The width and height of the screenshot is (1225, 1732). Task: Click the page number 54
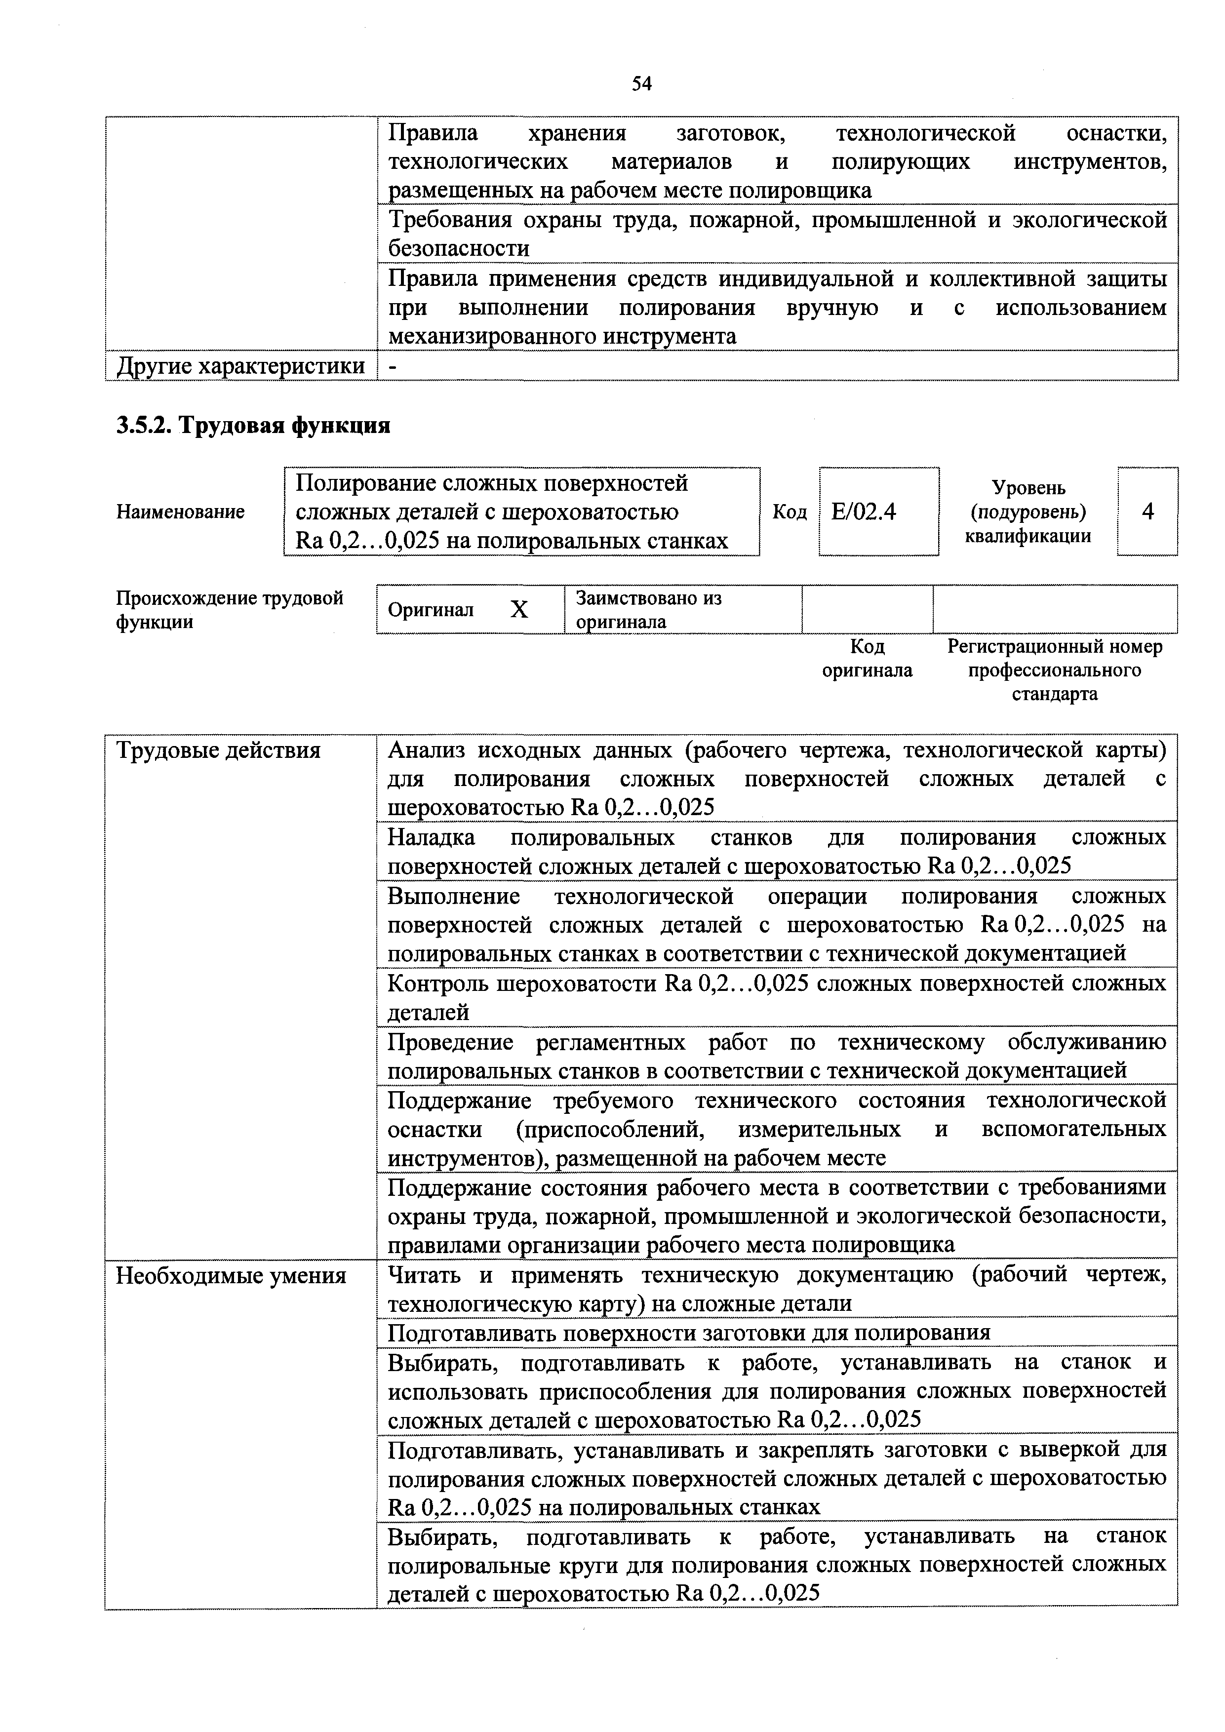point(641,84)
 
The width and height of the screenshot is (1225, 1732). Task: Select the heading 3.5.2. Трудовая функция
point(253,426)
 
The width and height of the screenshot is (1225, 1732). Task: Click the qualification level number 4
point(1147,512)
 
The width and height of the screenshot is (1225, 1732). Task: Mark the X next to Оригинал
point(519,610)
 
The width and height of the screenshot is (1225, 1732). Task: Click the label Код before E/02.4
point(789,512)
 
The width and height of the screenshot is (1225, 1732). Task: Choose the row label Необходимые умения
point(231,1276)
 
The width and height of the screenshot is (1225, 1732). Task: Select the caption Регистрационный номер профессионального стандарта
point(1055,670)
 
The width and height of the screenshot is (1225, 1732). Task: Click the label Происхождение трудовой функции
point(229,610)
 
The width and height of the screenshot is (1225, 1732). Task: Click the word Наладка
point(431,837)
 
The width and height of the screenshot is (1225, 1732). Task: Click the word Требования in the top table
point(444,220)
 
